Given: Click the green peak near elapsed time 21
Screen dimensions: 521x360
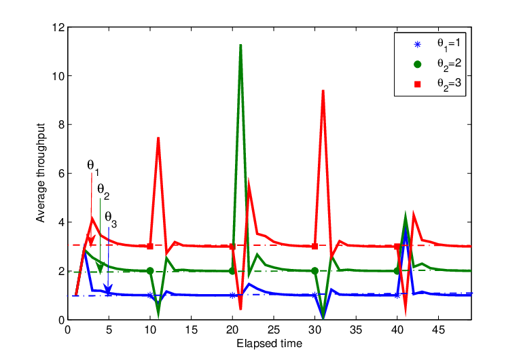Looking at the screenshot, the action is [x=240, y=45].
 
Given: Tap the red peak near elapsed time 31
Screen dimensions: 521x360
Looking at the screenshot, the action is [x=323, y=91].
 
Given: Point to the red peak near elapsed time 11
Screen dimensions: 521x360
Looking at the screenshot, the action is [x=158, y=138].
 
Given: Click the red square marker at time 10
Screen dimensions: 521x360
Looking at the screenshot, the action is [x=150, y=247].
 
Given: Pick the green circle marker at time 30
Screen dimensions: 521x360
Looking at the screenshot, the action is [x=315, y=271].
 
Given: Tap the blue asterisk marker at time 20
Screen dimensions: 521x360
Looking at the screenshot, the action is [x=232, y=295].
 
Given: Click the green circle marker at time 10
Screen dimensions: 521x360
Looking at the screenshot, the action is [x=150, y=271].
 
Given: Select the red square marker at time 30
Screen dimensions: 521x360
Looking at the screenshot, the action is [x=315, y=247].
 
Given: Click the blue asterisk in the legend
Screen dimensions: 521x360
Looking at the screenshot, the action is [x=418, y=45].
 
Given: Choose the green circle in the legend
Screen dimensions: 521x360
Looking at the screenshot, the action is [x=418, y=65].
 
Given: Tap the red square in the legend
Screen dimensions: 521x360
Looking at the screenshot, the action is [x=418, y=84].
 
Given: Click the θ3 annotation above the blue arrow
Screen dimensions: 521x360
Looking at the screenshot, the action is [x=111, y=219].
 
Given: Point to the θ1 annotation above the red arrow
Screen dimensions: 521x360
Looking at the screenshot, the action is [x=93, y=167].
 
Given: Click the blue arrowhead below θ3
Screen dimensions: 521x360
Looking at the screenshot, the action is [x=108, y=289].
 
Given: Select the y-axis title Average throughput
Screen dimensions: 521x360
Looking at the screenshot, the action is [x=41, y=173].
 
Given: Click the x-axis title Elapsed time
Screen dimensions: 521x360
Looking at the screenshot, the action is [x=270, y=344].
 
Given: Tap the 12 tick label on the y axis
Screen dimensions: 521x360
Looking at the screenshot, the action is [x=58, y=27].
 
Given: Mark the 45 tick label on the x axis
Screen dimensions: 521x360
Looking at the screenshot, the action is [x=438, y=329].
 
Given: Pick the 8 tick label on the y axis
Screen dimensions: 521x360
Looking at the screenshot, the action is [x=61, y=125].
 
